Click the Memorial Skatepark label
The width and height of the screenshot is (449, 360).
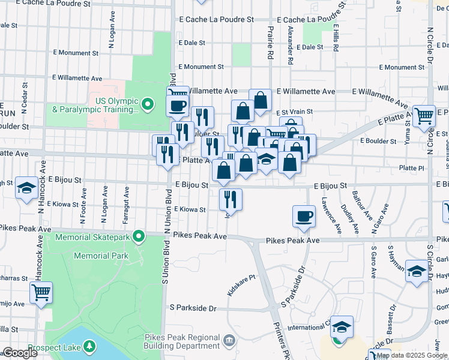pyautogui.click(x=93, y=238)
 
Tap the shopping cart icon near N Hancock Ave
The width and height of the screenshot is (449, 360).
pyautogui.click(x=41, y=293)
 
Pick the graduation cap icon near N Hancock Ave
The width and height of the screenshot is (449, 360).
pyautogui.click(x=26, y=188)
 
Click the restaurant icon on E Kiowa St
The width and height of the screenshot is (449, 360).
pyautogui.click(x=231, y=198)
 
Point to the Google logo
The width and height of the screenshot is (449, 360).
pyautogui.click(x=19, y=353)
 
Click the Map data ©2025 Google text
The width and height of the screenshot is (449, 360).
pyautogui.click(x=412, y=355)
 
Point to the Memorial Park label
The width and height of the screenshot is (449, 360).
pyautogui.click(x=101, y=256)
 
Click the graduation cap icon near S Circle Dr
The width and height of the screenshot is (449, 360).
pyautogui.click(x=417, y=271)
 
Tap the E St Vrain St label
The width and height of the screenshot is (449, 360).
pyautogui.click(x=295, y=112)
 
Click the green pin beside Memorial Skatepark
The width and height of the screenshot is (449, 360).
pyautogui.click(x=139, y=237)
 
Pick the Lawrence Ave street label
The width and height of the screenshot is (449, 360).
pyautogui.click(x=328, y=215)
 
